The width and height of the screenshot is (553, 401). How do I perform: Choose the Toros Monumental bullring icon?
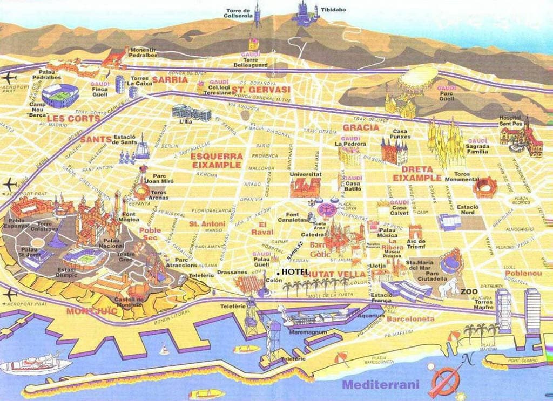(x=484, y=187)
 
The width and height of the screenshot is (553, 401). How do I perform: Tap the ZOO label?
(x=468, y=291)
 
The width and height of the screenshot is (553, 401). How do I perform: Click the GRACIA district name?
(x=361, y=127)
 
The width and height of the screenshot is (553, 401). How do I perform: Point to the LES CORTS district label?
(x=66, y=118)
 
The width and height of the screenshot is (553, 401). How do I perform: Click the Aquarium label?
(x=371, y=316)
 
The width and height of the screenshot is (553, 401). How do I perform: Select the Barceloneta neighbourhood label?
(x=410, y=319)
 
